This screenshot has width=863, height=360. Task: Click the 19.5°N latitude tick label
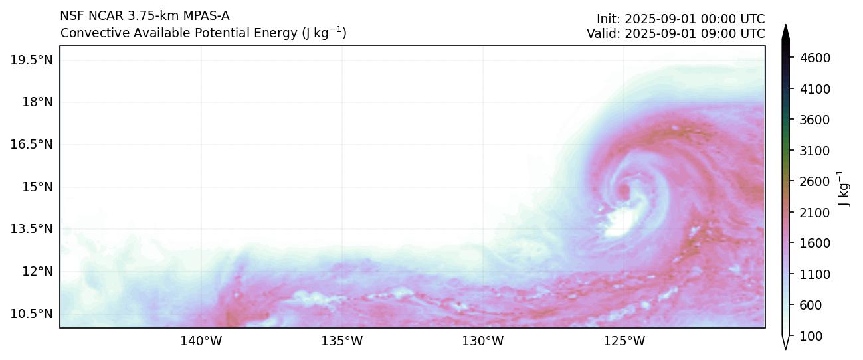tap(31, 60)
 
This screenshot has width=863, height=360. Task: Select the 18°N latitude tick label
tap(37, 102)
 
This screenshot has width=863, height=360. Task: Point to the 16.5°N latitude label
tap(31, 145)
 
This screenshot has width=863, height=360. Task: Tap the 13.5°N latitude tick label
tap(31, 229)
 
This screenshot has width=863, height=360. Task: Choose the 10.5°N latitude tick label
tap(31, 314)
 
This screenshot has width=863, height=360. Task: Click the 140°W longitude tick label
tap(201, 341)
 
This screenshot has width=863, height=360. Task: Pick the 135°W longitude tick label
tap(342, 341)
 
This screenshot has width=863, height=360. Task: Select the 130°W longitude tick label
tap(483, 341)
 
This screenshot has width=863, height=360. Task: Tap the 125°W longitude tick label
tap(624, 341)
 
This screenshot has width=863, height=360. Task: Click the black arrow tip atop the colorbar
tap(786, 30)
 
